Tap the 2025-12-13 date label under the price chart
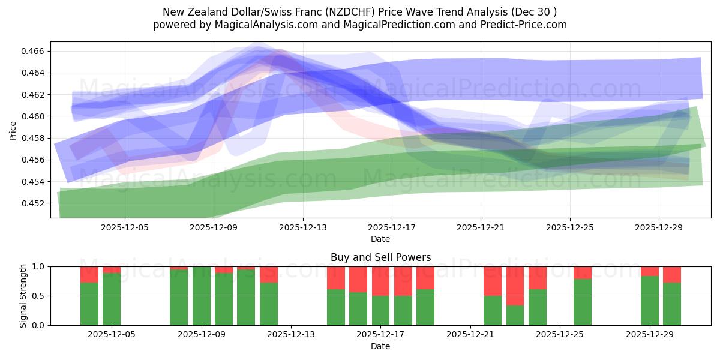(x=302, y=227)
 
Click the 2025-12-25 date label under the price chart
(x=569, y=227)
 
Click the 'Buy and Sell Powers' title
(x=380, y=257)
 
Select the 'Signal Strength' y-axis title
(x=23, y=296)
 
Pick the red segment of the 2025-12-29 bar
(x=650, y=271)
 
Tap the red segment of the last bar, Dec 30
(x=672, y=274)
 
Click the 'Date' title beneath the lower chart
(x=380, y=346)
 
